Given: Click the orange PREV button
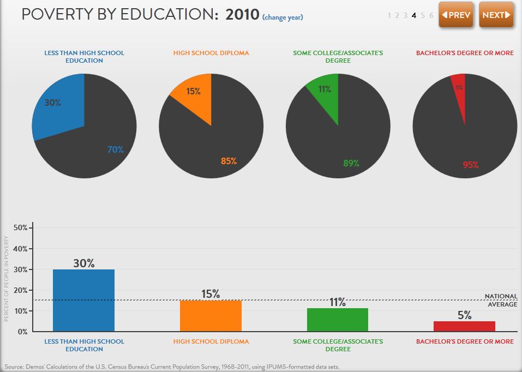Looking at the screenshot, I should click(x=456, y=15).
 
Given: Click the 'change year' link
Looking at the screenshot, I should click(x=283, y=17).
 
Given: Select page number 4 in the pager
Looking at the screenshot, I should click(x=414, y=15).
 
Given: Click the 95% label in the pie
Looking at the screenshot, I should click(x=470, y=165).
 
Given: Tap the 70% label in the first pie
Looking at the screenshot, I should click(x=116, y=149).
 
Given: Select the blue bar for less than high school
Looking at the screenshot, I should click(x=83, y=300).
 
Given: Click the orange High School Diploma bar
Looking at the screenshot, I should click(x=211, y=315).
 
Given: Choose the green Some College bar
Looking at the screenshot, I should click(x=337, y=320).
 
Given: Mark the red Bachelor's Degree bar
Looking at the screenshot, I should click(x=464, y=326).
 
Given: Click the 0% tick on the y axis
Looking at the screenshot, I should click(x=21, y=332).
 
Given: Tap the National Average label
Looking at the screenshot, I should click(x=500, y=300).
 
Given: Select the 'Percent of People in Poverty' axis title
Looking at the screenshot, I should click(x=7, y=278).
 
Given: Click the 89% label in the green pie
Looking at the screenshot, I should click(x=351, y=163).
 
